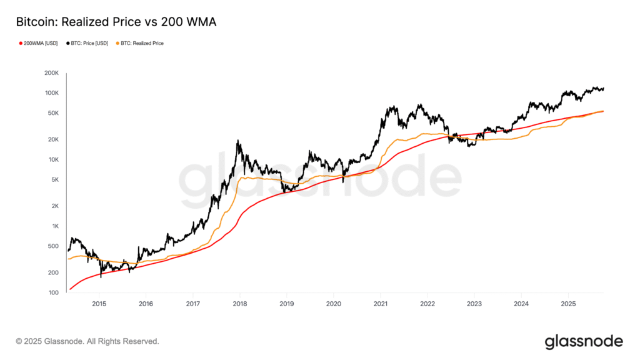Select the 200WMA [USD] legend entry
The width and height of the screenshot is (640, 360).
click(x=39, y=43)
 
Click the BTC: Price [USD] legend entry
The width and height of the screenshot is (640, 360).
click(x=87, y=43)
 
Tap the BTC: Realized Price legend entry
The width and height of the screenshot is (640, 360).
click(x=140, y=43)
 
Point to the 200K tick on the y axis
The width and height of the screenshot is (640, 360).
click(x=51, y=73)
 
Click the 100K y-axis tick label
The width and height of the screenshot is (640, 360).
click(x=51, y=93)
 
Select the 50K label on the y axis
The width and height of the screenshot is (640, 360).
click(x=52, y=113)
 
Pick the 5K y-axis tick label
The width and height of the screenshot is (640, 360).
click(x=54, y=180)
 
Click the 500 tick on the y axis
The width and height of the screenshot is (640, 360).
click(x=52, y=246)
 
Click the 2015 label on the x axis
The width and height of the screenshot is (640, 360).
click(x=99, y=304)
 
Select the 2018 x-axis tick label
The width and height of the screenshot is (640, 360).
click(x=239, y=304)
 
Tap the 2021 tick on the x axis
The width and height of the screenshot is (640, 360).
click(x=380, y=304)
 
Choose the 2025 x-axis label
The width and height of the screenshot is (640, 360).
click(x=567, y=304)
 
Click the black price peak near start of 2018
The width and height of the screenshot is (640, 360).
click(x=238, y=141)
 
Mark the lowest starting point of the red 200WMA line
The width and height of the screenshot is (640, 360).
click(x=70, y=289)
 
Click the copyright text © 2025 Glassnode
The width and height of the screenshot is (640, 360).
click(x=87, y=341)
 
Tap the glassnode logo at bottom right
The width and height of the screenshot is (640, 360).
click(x=584, y=341)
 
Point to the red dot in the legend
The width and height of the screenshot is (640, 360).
click(x=21, y=43)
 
